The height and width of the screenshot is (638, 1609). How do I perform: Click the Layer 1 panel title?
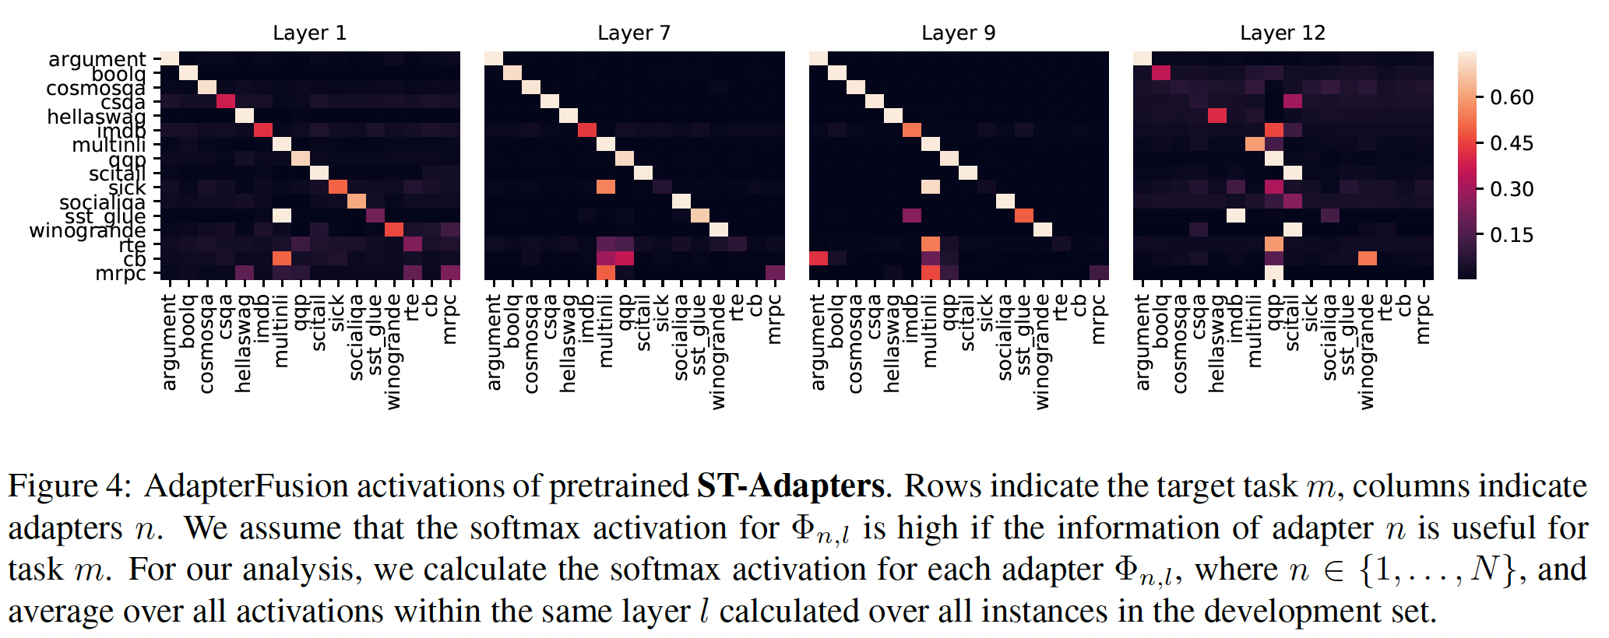[x=309, y=33]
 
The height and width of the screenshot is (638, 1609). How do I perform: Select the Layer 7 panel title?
[x=634, y=33]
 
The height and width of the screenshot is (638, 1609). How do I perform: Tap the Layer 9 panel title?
[x=958, y=33]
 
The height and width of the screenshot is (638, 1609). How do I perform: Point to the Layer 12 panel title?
[x=1282, y=33]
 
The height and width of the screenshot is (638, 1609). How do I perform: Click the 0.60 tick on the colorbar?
[x=1511, y=97]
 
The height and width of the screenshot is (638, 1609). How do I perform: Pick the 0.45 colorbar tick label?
[x=1511, y=143]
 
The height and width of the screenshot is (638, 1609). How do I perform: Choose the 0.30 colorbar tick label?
[x=1511, y=189]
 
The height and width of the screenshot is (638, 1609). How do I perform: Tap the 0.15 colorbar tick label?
[x=1511, y=235]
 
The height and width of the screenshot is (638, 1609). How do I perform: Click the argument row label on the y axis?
[x=97, y=59]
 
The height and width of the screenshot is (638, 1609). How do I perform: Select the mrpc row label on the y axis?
[x=120, y=273]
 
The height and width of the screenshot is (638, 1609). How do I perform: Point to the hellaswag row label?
[x=96, y=117]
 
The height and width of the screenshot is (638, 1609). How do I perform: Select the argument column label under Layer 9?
[x=818, y=342]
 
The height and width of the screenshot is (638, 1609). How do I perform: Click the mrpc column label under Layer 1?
[x=450, y=319]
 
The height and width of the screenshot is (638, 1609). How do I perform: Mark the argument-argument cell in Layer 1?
[x=170, y=59]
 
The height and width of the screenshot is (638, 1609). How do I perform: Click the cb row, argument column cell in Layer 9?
[x=819, y=258]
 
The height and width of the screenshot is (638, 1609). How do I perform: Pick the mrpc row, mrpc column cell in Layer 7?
[x=775, y=272]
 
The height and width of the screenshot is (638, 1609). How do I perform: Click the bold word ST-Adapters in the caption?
[x=790, y=486]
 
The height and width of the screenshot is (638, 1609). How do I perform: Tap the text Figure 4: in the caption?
[x=65, y=486]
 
